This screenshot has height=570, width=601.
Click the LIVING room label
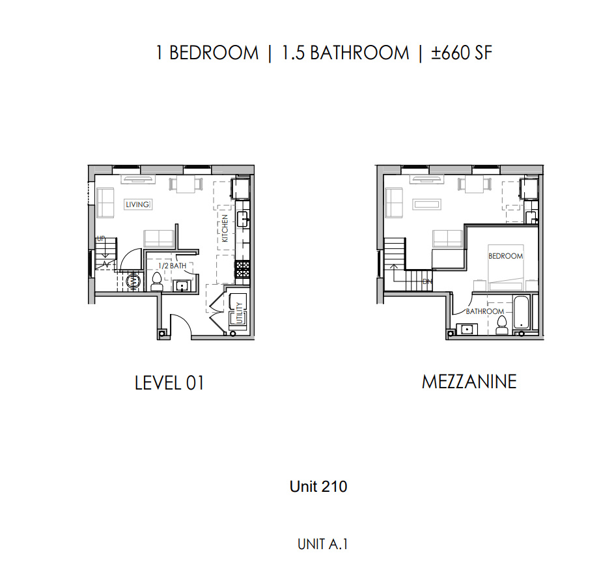(137, 205)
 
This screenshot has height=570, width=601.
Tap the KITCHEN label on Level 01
(225, 228)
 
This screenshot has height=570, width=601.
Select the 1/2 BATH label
(172, 265)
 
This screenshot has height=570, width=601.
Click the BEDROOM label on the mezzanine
(505, 256)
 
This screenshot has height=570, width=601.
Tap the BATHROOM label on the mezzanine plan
(485, 311)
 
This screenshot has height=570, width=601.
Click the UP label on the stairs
(101, 238)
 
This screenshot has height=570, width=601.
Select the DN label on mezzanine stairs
(427, 281)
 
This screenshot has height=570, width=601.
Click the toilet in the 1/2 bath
(156, 281)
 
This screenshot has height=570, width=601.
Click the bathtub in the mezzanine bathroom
(522, 312)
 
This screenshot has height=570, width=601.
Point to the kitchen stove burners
(242, 269)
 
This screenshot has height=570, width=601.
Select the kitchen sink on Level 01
(243, 220)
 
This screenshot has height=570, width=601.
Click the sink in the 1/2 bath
(182, 286)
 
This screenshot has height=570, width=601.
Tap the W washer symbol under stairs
(133, 281)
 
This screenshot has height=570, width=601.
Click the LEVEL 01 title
(169, 383)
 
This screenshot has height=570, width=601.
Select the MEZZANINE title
(469, 382)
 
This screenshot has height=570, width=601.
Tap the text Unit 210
(318, 487)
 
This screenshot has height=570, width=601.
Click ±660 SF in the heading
(462, 53)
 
